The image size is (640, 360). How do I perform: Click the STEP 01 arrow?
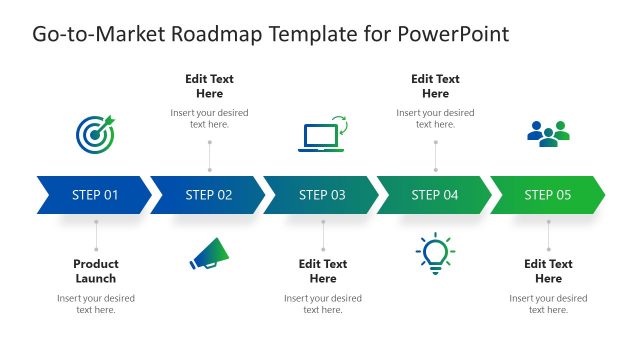pos(95,195)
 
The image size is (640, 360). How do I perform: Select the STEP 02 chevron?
pos(209,195)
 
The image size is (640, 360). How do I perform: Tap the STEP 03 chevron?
pos(322,195)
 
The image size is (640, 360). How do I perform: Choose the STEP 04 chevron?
pos(435,195)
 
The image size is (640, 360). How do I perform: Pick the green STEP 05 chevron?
pos(548,195)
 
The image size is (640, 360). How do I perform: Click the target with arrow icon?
pos(95,133)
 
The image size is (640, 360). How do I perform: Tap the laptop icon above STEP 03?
pos(322,134)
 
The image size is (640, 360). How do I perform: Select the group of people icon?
pos(548,133)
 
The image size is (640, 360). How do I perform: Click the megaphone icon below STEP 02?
pos(209,256)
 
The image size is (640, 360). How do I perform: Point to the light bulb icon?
pos(435,255)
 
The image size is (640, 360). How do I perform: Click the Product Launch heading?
pos(96,271)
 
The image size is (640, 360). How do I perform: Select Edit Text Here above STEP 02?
pos(209,86)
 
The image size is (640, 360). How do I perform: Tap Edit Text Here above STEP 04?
pos(435,86)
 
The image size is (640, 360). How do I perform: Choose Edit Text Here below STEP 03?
pos(322,271)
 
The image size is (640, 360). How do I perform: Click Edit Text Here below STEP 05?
pos(548,271)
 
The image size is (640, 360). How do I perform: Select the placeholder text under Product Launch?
pos(96,304)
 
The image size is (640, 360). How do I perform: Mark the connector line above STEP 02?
pos(209,155)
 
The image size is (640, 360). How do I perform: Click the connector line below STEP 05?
pos(548,236)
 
